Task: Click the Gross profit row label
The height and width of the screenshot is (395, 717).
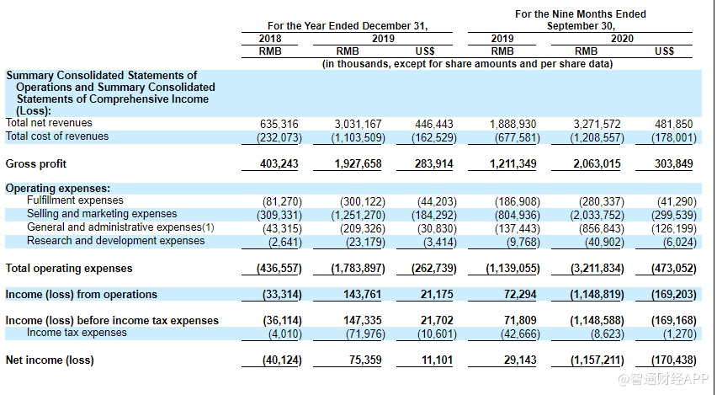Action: [36, 164]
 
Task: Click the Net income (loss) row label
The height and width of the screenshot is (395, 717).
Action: [50, 360]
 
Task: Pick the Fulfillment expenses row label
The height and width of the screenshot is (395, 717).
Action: [75, 201]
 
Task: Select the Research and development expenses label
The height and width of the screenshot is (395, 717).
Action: [115, 241]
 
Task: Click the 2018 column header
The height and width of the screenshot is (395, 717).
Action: [271, 39]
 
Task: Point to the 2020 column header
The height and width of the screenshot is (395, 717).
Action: [622, 39]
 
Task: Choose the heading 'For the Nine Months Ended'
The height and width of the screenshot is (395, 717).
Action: [581, 14]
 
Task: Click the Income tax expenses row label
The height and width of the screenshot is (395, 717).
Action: [77, 333]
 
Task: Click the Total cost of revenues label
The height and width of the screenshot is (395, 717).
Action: [57, 136]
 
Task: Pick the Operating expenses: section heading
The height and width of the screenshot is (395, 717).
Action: [58, 189]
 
